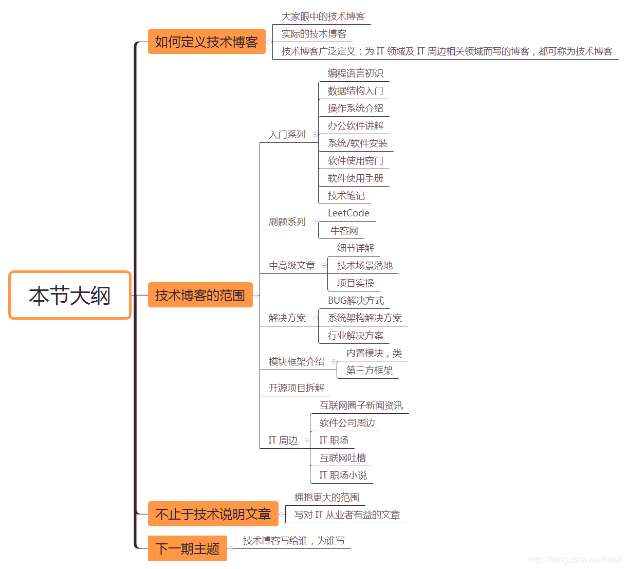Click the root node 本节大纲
[x=70, y=296]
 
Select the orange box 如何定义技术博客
[x=207, y=42]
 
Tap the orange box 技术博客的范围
[x=200, y=295]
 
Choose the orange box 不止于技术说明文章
[x=213, y=514]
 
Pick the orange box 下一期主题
[x=188, y=548]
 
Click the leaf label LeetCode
[x=348, y=213]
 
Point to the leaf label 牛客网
[x=344, y=231]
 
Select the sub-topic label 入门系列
[x=287, y=135]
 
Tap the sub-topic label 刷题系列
[x=287, y=222]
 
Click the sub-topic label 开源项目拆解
[x=297, y=388]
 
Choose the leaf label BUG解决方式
[x=356, y=301]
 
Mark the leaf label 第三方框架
[x=369, y=371]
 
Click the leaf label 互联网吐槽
[x=343, y=458]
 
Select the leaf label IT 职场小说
[x=343, y=475]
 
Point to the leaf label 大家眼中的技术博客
[x=323, y=16]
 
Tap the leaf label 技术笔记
[x=346, y=196]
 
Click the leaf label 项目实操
[x=356, y=283]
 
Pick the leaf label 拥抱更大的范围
[x=327, y=498]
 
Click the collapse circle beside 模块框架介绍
[x=334, y=362]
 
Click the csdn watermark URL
[x=575, y=560]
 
